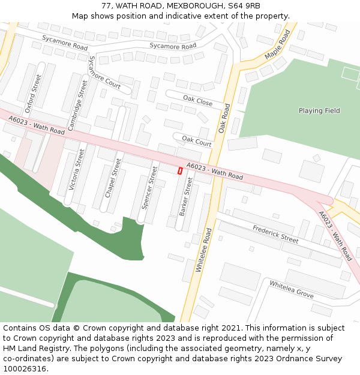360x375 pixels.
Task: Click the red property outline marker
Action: [180, 171]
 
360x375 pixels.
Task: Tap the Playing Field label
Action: [319, 110]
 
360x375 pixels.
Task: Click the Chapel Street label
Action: [113, 178]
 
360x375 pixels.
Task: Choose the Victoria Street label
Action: [77, 170]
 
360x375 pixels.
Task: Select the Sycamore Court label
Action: [104, 73]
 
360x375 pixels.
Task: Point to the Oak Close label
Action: [198, 101]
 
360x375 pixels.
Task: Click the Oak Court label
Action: [197, 141]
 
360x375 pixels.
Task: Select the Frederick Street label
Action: [275, 234]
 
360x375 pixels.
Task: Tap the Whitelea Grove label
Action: [291, 289]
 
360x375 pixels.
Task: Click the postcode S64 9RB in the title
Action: [244, 6]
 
